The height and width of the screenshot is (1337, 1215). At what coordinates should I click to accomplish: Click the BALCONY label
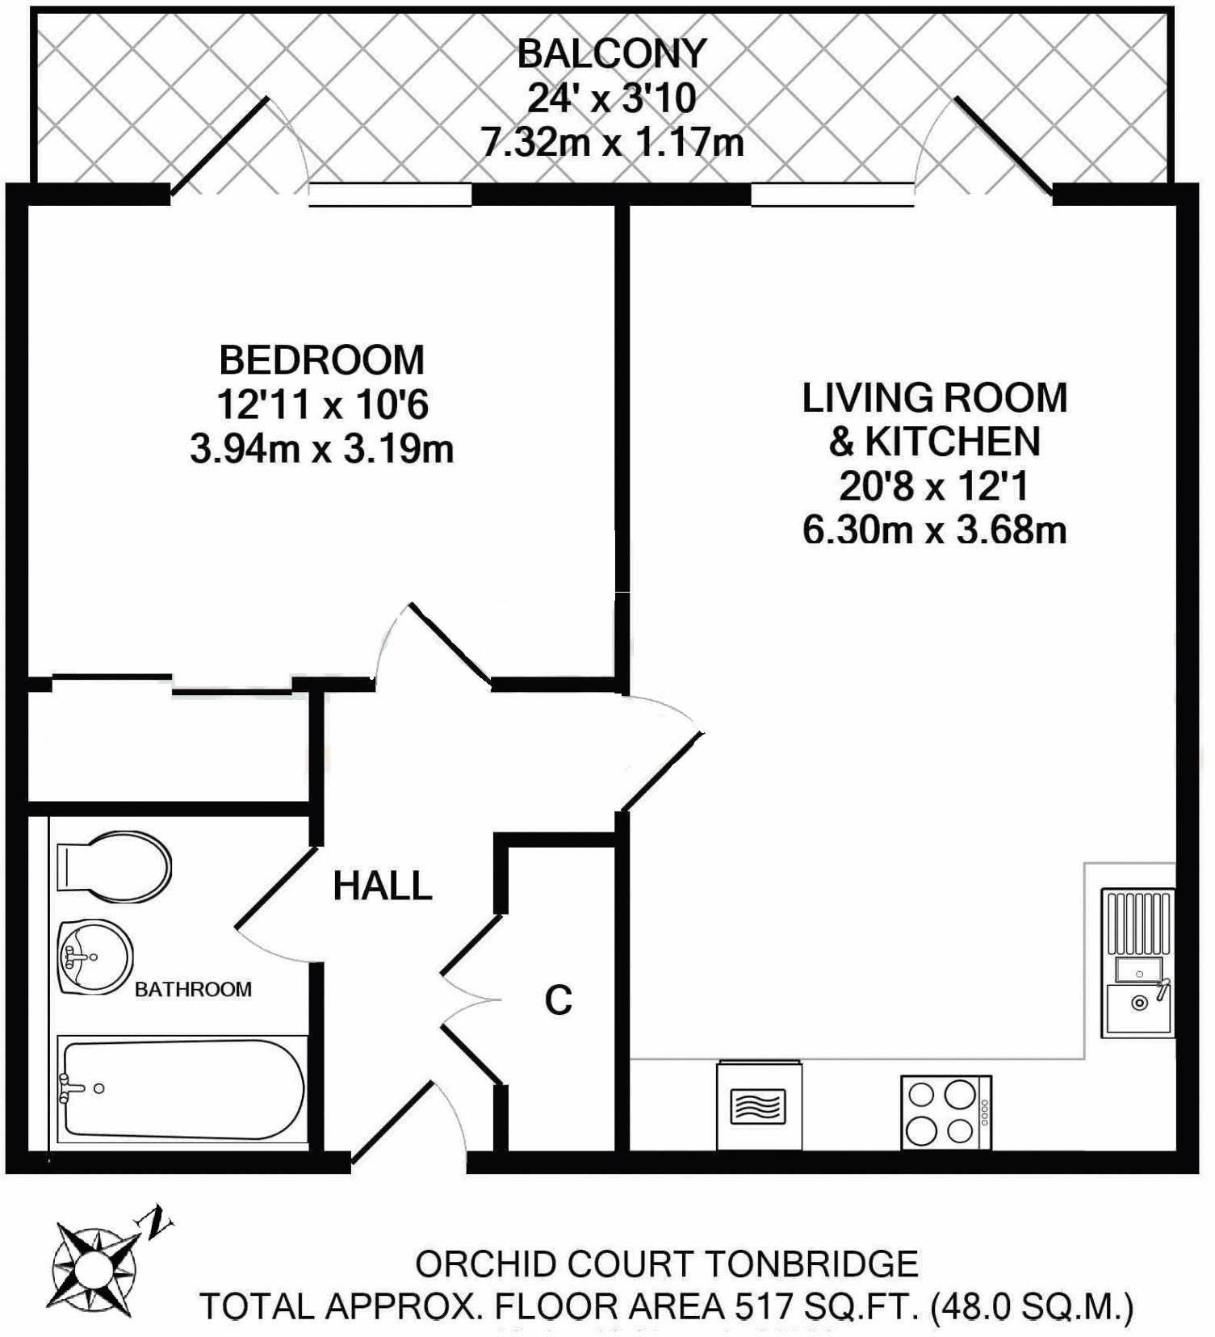611,53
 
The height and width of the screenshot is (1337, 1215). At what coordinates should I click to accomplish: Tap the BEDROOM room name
321,360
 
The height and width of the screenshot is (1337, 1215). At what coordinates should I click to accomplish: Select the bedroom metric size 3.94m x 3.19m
321,449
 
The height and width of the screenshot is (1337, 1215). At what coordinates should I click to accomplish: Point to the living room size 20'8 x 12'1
934,487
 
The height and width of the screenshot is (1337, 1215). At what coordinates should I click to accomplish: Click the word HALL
383,886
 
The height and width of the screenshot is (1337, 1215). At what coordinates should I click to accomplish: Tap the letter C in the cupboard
558,1000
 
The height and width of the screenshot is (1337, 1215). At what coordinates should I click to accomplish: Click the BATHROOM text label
193,989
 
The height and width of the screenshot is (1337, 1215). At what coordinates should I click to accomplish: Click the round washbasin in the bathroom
95,958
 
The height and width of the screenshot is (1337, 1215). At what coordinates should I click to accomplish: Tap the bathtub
182,1090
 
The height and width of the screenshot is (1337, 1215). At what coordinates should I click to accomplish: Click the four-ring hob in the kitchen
945,1113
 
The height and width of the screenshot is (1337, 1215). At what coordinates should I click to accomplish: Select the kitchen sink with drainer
1138,963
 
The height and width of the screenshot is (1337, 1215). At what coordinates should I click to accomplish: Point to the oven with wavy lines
758,1106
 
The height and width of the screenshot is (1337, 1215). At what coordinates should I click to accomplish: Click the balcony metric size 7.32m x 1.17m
611,144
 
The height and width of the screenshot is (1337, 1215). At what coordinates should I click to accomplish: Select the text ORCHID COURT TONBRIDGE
666,1264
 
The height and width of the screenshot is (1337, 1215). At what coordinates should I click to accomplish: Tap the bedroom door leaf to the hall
451,646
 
